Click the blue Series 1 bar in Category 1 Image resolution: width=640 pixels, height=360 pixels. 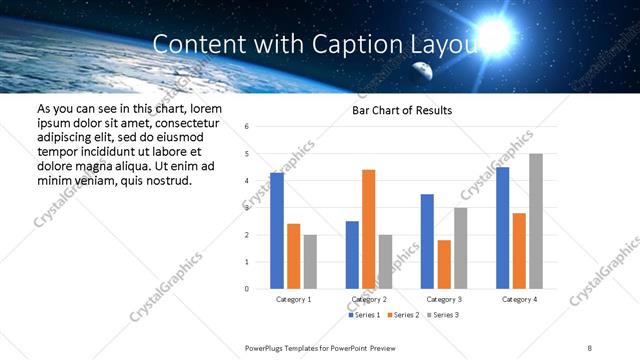click(x=276, y=231)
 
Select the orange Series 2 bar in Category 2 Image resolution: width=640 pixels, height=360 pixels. click(x=368, y=229)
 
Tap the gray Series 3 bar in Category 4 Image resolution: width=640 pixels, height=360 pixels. click(x=536, y=221)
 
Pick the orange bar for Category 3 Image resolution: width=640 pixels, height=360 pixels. click(x=444, y=264)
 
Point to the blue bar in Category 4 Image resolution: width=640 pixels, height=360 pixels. click(x=502, y=228)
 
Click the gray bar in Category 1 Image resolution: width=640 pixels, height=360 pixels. click(x=310, y=262)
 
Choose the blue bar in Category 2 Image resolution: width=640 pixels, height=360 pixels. click(x=352, y=255)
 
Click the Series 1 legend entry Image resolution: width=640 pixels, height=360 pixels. click(x=364, y=315)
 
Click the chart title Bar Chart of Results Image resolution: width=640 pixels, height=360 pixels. click(x=402, y=110)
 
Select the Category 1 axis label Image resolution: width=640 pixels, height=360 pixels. click(x=293, y=299)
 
